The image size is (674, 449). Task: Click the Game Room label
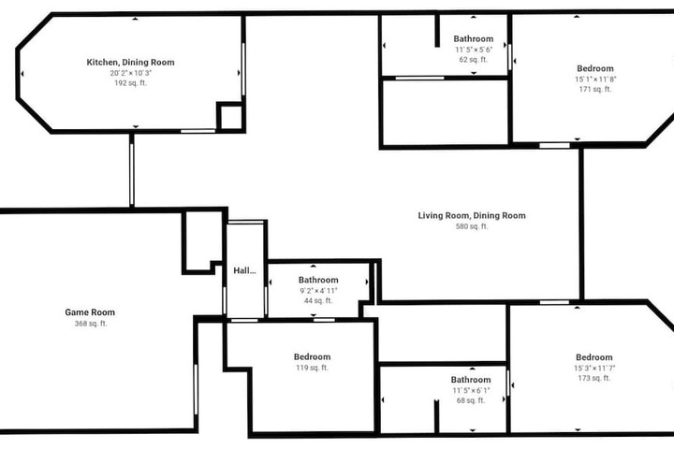(90, 312)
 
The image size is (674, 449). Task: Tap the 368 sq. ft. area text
(91, 324)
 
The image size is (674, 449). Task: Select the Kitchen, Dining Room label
(131, 63)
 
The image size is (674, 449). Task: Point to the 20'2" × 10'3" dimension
(131, 73)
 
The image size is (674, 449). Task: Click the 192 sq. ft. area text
(131, 83)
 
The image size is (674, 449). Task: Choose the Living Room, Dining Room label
(472, 216)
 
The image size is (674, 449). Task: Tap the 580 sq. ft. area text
(472, 226)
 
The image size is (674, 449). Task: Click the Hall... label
(244, 270)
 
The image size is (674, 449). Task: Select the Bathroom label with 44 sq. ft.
(318, 280)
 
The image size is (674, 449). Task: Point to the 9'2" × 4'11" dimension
(318, 291)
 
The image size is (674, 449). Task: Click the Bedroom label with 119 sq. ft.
(312, 356)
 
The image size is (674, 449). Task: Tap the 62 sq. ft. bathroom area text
(474, 60)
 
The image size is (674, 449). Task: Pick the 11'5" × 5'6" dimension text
(474, 50)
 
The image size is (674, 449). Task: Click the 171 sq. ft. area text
(595, 90)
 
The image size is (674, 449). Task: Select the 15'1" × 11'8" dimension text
(595, 80)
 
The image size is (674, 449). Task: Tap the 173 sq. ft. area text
(594, 379)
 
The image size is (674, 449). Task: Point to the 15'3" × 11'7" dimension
(594, 369)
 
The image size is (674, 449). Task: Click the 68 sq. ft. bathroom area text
(471, 400)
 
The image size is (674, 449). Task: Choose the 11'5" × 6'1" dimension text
(471, 391)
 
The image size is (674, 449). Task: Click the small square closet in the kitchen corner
(231, 117)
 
